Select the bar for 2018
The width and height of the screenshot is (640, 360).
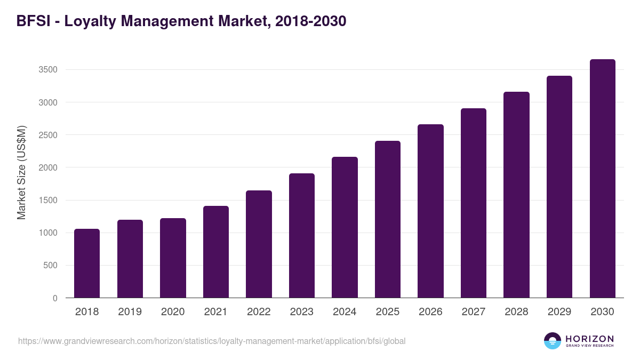87,263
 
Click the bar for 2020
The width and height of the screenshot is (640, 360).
173,258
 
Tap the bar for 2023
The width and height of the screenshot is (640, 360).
302,236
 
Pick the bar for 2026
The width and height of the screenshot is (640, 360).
430,211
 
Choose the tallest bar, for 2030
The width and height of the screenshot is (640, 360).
602,179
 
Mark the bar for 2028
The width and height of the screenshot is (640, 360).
516,195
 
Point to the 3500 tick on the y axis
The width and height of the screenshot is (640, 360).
47,70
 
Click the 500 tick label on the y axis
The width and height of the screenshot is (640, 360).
50,266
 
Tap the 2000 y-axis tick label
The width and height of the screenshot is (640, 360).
47,167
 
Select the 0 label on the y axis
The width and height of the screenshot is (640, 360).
55,298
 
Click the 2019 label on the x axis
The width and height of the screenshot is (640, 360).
130,312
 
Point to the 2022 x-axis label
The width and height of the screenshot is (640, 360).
259,312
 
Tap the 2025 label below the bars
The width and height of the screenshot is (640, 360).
388,312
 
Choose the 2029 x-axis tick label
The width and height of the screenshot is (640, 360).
559,312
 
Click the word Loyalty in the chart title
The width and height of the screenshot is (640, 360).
89,21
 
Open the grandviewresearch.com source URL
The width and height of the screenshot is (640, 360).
207,341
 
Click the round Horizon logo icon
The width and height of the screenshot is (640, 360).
553,341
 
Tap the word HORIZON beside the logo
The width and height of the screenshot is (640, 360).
589,339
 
